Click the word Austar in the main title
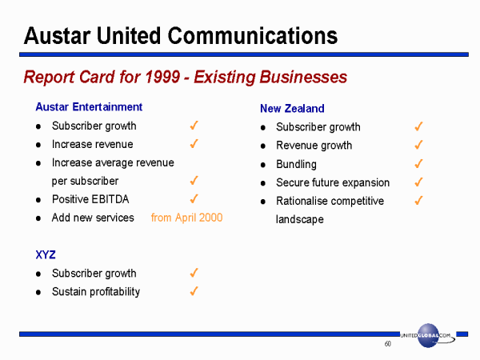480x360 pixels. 58,36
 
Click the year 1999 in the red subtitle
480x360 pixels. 162,77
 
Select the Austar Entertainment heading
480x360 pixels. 89,107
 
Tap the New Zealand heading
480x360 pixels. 292,108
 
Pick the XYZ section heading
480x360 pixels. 46,254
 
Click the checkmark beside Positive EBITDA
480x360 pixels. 194,199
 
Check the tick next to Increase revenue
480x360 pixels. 194,143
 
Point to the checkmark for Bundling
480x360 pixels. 418,163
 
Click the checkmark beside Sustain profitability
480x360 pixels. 194,291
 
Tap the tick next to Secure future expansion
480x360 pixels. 418,182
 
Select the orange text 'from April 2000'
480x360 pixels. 186,218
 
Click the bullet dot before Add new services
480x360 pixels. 38,218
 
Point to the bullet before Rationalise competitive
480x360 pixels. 263,202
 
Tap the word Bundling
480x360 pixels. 296,164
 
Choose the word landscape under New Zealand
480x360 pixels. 300,219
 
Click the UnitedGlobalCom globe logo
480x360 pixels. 428,335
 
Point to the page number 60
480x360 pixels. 387,344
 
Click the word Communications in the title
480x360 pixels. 252,36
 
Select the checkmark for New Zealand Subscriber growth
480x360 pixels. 418,126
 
